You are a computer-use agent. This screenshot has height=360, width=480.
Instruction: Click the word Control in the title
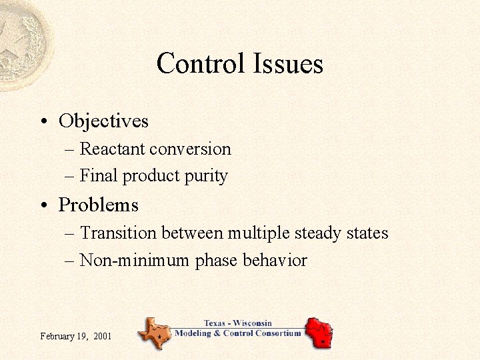tap(201, 64)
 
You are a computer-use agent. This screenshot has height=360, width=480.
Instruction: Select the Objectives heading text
tap(103, 121)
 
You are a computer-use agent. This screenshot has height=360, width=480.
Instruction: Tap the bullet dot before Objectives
tap(42, 121)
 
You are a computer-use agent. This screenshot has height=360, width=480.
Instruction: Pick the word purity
tap(210, 177)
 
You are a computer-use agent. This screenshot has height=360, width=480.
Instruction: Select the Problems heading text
tap(98, 205)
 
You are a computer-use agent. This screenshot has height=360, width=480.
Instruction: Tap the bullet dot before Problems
tap(42, 205)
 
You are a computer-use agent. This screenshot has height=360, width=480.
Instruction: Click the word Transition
tap(117, 233)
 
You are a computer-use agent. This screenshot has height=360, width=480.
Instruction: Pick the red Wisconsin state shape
tap(318, 331)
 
